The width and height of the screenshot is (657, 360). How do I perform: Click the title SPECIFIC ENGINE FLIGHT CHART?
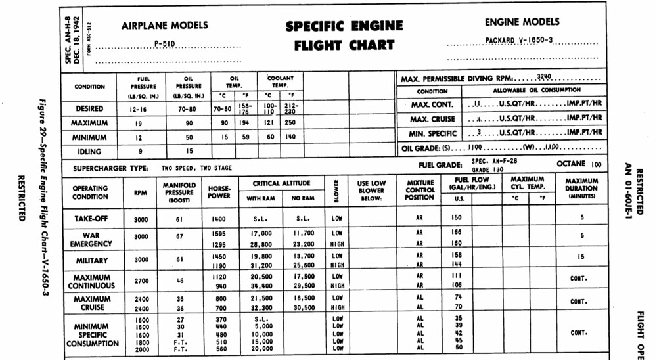(x=344, y=35)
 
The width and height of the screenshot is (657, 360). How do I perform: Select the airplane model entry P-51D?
(x=165, y=44)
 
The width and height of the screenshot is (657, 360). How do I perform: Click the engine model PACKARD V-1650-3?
(x=518, y=40)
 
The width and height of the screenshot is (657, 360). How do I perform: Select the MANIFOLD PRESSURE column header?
(x=179, y=192)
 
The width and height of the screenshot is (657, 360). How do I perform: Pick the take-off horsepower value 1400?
(x=219, y=218)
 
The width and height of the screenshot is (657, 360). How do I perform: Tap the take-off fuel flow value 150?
(x=457, y=218)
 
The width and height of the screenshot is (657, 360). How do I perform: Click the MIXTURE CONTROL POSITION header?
(x=420, y=188)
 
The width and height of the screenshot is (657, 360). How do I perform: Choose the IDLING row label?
(x=90, y=151)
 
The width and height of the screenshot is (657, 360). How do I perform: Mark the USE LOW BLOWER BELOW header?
(x=371, y=188)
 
